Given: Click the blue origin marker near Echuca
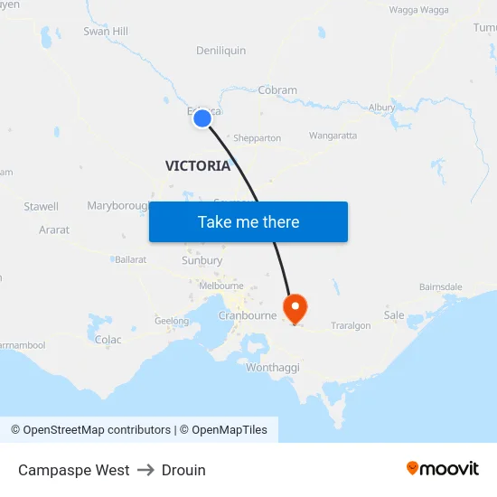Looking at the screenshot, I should click(202, 117).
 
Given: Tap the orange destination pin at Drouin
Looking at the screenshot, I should click(295, 308).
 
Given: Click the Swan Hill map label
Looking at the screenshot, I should click(106, 32).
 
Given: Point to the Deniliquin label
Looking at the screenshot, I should click(220, 51).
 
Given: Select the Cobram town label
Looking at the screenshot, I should click(277, 90).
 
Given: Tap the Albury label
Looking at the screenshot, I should click(381, 108).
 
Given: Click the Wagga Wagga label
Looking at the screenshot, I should click(418, 10).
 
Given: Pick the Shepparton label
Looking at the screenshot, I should click(257, 138).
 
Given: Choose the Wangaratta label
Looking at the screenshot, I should click(333, 136).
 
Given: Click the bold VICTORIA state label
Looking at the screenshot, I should click(198, 166).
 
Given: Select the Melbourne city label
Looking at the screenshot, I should click(221, 286).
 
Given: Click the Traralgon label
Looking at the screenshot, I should click(351, 326).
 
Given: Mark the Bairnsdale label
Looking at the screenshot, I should click(440, 287).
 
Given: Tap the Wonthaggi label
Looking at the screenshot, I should click(273, 368).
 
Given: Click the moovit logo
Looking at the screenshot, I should click(443, 469).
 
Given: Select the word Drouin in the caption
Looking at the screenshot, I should click(183, 470).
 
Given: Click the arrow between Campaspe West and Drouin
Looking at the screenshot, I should click(145, 470).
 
